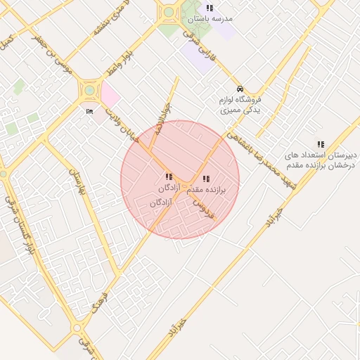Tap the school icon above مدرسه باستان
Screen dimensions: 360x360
point(210,8)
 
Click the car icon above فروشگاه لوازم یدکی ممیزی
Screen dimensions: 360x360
point(240,89)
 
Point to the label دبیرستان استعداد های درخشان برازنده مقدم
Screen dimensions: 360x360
point(321,159)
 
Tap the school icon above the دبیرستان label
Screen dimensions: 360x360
point(321,144)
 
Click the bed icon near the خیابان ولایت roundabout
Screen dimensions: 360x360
point(89,111)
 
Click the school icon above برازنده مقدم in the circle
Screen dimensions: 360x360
point(205,179)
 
